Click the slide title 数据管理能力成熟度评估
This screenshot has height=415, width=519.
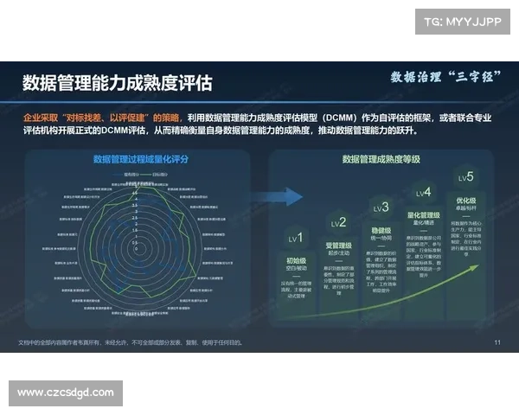pos(117,82)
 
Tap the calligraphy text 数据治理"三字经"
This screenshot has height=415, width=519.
pos(441,77)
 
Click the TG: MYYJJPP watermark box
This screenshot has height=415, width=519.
pos(462,22)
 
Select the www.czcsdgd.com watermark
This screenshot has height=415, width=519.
pos(66,393)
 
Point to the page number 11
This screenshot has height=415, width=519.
pos(497,342)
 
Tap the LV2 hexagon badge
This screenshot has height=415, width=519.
pos(338,223)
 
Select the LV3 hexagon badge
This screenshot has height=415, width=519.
pos(380,207)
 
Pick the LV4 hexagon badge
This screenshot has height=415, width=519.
pos(423,193)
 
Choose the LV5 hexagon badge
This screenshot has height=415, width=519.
pos(466,178)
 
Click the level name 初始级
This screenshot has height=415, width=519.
pos(296,259)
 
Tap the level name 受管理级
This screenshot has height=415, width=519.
pos(338,246)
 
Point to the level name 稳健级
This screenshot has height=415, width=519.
pos(381,231)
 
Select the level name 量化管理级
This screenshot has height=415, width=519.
pos(424,215)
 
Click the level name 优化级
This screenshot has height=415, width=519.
pos(466,201)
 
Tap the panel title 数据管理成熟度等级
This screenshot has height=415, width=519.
pos(381,159)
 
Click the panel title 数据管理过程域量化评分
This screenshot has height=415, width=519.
pos(138,159)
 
